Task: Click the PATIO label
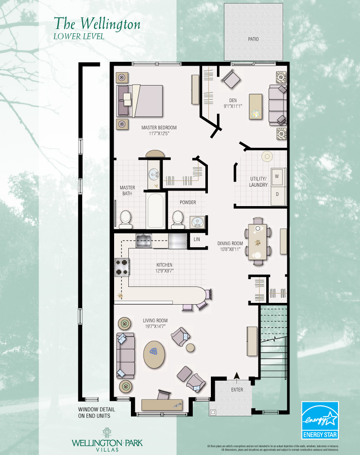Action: (x=253, y=39)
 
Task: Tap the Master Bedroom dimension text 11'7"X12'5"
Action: (x=159, y=134)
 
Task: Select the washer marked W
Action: (x=277, y=176)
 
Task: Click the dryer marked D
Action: (x=277, y=194)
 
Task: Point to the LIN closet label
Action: (x=197, y=239)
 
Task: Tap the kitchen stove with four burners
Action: (x=121, y=267)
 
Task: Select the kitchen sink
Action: (x=143, y=240)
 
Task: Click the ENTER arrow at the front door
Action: (x=237, y=377)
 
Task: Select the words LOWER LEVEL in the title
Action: (x=78, y=37)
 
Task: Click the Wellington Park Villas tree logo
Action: (x=106, y=433)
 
